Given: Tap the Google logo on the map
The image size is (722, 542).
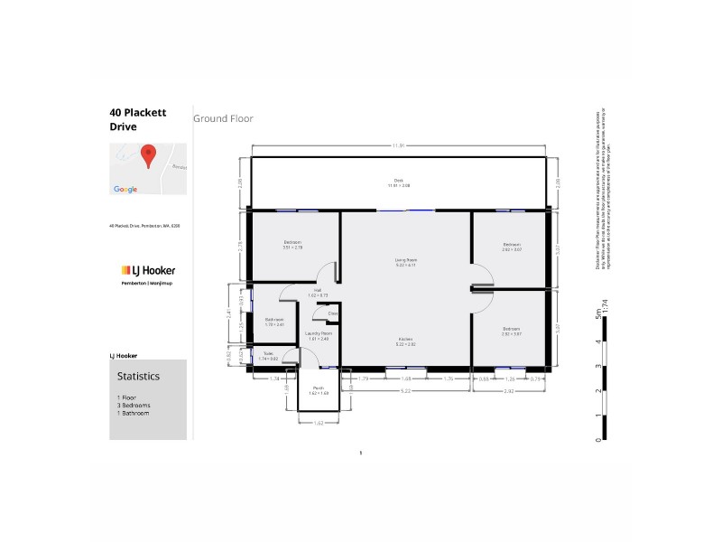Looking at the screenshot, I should (x=125, y=189).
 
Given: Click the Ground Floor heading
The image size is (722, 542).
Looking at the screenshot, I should (x=223, y=118).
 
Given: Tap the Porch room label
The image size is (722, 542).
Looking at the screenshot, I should (x=319, y=388).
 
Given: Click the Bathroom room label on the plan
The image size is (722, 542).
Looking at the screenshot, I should (x=275, y=321).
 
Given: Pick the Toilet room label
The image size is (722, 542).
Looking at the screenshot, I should (x=268, y=355).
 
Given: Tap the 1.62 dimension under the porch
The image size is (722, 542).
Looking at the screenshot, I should (x=319, y=422).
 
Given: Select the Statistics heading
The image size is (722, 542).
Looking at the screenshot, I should (x=138, y=375).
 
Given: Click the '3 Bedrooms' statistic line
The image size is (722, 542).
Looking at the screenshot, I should (x=134, y=406).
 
